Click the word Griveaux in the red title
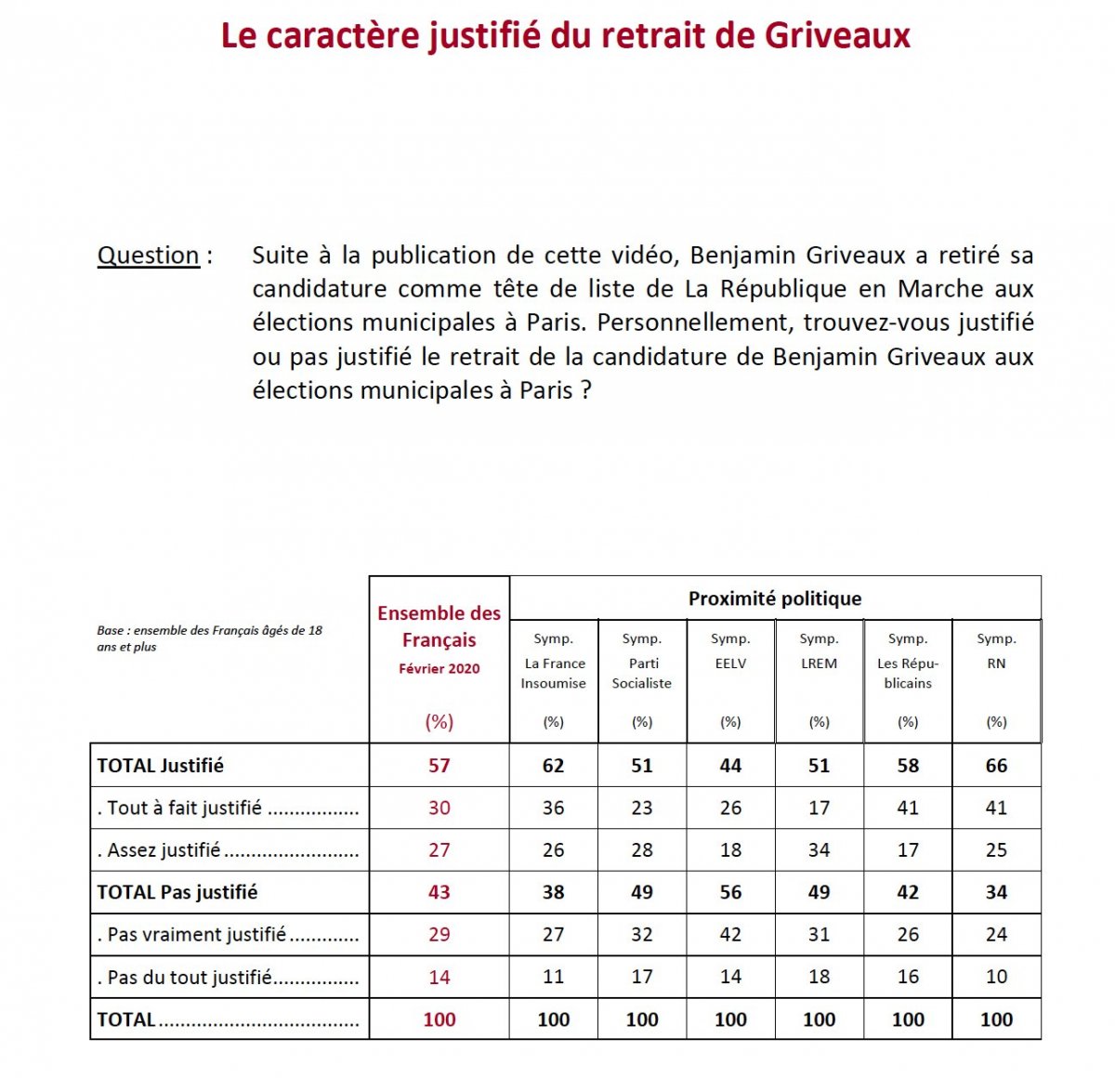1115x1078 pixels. (x=837, y=35)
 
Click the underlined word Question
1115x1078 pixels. (x=149, y=256)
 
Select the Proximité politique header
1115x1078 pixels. (x=774, y=598)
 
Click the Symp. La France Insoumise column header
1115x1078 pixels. (x=553, y=662)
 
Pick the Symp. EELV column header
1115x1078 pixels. (x=730, y=651)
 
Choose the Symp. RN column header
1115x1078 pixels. (x=996, y=651)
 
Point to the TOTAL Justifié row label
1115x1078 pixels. (x=161, y=766)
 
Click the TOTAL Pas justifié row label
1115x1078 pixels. (x=177, y=892)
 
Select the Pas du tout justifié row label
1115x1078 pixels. (x=190, y=977)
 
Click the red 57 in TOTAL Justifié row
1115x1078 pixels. (x=439, y=766)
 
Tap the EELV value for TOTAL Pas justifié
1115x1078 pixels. (x=730, y=892)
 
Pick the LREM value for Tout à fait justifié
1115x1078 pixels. (x=819, y=808)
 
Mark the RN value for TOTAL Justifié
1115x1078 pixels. (x=996, y=766)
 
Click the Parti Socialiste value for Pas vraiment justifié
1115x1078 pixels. (x=642, y=934)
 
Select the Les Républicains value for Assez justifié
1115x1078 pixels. (x=908, y=849)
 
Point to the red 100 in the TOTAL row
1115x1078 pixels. (x=439, y=1019)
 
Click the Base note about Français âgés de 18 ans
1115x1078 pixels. (x=209, y=638)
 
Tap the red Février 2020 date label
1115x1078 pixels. (x=439, y=669)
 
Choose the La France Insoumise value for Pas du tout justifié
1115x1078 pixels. (x=553, y=977)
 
